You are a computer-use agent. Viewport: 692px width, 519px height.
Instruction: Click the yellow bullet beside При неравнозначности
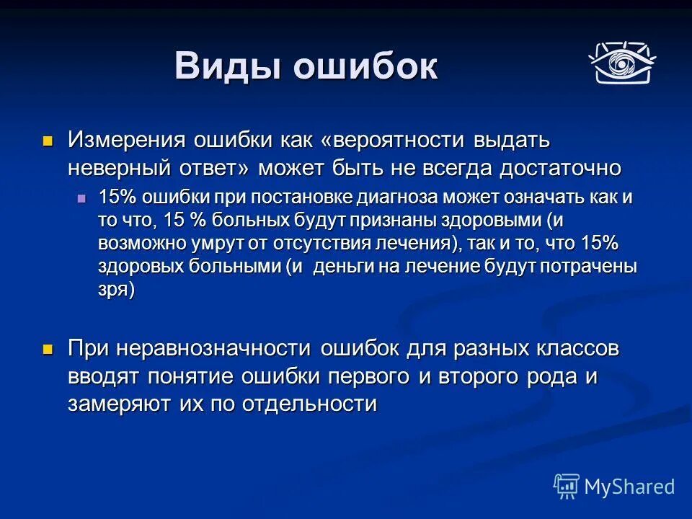48,349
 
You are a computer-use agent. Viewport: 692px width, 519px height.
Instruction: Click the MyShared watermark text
629,486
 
